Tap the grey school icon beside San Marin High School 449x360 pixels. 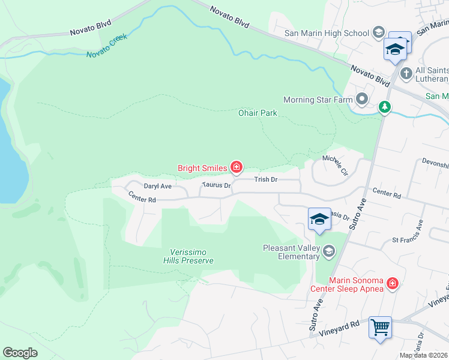click(379, 32)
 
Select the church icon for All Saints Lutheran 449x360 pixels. click(406, 74)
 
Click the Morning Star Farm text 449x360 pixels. click(317, 99)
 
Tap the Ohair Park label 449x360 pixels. click(258, 113)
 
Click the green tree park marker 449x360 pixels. click(385, 107)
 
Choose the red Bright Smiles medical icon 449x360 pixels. click(237, 167)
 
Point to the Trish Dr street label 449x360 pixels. click(265, 179)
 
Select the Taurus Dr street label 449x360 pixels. click(217, 186)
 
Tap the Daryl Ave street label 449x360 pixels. click(157, 187)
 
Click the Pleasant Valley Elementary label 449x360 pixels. click(292, 252)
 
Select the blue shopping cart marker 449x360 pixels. click(380, 328)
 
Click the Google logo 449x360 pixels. click(20, 353)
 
